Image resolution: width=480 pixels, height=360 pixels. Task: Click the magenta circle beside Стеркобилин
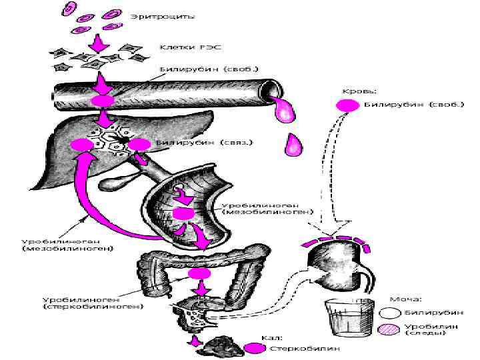click(253, 347)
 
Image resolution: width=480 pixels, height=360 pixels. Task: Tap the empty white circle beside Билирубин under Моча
click(389, 311)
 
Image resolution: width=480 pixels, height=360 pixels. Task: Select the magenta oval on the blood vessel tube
click(103, 100)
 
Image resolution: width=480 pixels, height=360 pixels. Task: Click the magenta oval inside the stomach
click(183, 213)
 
